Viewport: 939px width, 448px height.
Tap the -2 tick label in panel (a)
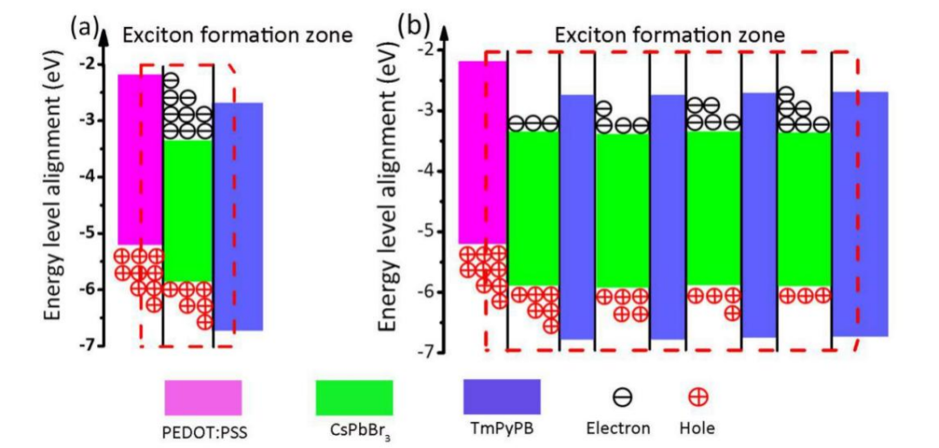tap(85, 64)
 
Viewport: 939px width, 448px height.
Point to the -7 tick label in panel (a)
tap(85, 345)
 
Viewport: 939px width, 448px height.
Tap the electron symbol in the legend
tap(623, 398)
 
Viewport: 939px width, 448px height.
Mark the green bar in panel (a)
tap(188, 209)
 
